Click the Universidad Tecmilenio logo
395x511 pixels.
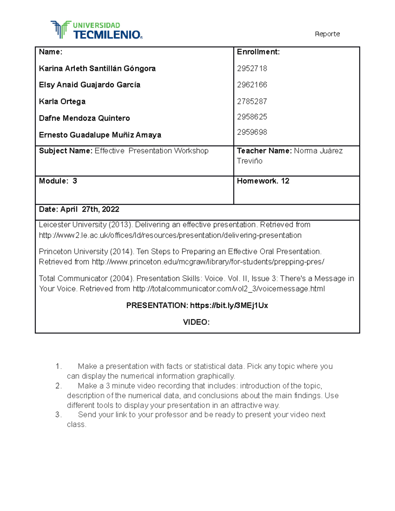click(96, 30)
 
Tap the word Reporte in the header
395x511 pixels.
click(327, 34)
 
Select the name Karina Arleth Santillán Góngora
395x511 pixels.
click(97, 68)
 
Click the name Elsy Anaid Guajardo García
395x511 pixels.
click(90, 85)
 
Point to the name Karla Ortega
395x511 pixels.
click(62, 101)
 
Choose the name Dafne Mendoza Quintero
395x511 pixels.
click(84, 118)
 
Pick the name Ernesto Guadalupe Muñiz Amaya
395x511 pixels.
click(100, 135)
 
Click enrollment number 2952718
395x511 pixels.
click(252, 68)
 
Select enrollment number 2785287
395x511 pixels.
click(252, 101)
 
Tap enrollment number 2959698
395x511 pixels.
click(252, 132)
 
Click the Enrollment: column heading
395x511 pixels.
click(258, 52)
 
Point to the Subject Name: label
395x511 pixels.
click(66, 151)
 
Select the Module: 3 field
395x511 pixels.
click(58, 181)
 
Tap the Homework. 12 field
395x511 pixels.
click(263, 181)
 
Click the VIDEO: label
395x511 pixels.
click(196, 322)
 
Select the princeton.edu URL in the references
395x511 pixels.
click(208, 262)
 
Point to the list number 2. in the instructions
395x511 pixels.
click(59, 386)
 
